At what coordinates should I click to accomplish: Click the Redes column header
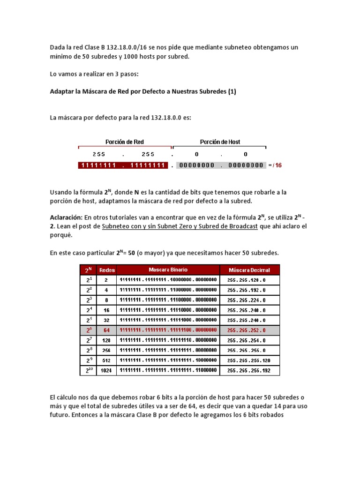pos(106,270)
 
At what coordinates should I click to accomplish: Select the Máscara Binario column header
pos(168,270)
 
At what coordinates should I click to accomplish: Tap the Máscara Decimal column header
pos(250,270)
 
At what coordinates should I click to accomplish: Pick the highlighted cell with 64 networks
pos(106,330)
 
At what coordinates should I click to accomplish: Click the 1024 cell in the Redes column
pos(106,370)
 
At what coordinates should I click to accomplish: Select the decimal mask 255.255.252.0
pos(247,330)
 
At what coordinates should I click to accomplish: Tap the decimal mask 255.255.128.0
pos(247,280)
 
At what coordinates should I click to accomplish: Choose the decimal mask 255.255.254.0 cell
pos(247,340)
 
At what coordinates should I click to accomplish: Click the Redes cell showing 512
pos(106,360)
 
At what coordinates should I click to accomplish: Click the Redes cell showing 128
pos(106,340)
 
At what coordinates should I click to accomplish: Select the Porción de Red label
pos(125,142)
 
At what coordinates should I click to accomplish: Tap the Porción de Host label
pos(220,142)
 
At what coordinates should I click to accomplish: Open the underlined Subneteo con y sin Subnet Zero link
pos(180,226)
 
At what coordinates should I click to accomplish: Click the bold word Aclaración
pos(66,218)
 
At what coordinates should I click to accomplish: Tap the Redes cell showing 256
pos(106,350)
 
